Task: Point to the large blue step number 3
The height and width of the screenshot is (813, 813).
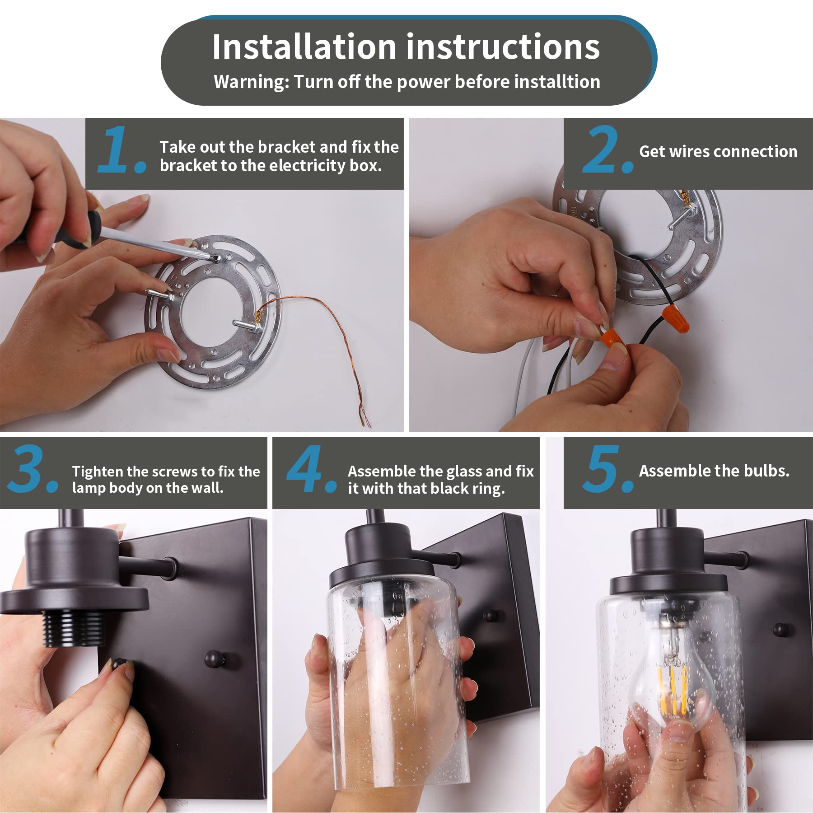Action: tap(32, 469)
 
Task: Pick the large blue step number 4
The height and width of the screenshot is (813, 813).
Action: tap(312, 469)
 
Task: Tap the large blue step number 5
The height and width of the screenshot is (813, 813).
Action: tap(608, 469)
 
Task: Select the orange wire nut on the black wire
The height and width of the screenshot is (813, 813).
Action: tap(676, 318)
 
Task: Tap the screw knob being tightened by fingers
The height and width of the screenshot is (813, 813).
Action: tap(120, 664)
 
